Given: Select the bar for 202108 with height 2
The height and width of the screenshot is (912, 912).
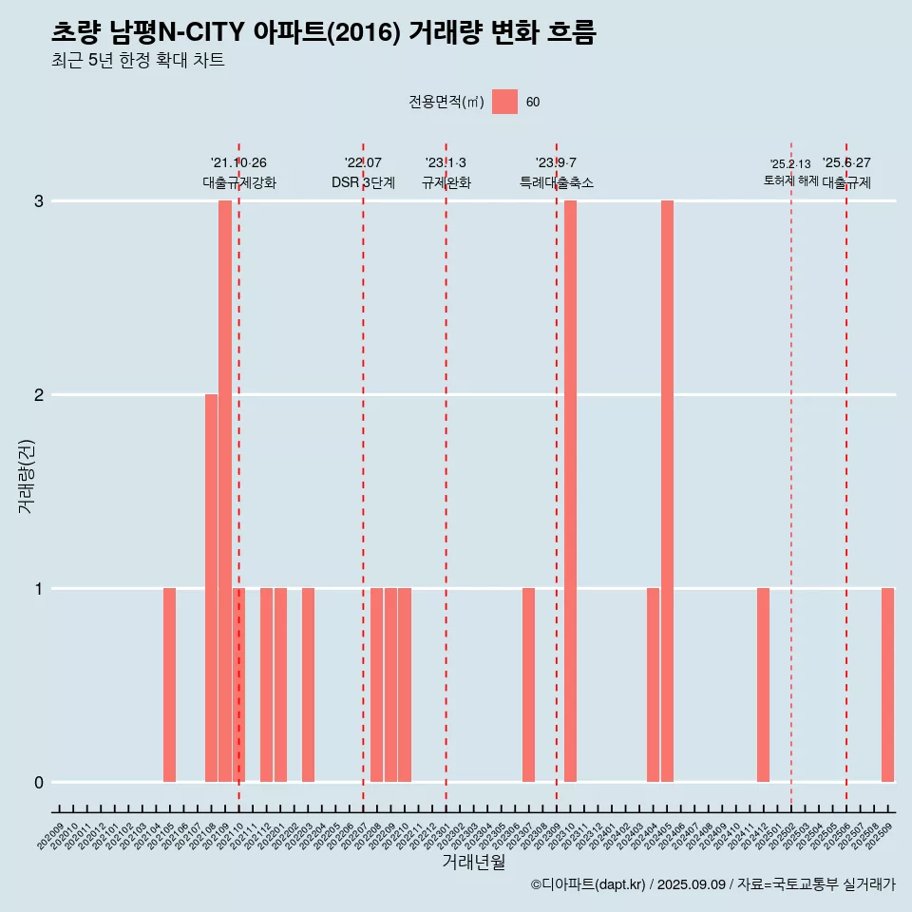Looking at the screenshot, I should tap(211, 588).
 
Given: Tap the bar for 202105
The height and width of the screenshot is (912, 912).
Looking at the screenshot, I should tap(170, 685).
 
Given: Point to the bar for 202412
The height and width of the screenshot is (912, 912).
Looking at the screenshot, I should tap(764, 685).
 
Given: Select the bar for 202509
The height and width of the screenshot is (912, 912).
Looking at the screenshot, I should tap(887, 685).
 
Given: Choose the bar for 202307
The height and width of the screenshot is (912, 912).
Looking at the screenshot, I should tap(528, 685).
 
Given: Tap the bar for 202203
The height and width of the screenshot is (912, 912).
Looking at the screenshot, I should tap(308, 685).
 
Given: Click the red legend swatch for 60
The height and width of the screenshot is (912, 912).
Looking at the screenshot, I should tap(504, 102).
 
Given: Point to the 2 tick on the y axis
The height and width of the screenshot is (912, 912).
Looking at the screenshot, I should tap(39, 394).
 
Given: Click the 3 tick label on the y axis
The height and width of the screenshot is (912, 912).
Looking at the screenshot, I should tap(39, 200).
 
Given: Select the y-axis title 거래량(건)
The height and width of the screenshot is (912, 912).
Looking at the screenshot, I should tap(26, 475).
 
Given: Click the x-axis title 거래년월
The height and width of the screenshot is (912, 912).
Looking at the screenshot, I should tap(473, 862).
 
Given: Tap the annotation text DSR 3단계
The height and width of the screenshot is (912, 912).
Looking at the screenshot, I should tap(363, 182).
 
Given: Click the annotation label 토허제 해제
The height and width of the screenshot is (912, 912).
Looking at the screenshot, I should tap(790, 180).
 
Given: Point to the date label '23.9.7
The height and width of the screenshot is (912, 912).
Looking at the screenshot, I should tap(556, 162).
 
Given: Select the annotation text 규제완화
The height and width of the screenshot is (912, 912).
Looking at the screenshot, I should tap(446, 182).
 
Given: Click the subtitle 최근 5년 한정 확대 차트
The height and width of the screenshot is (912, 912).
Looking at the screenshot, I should tap(138, 61).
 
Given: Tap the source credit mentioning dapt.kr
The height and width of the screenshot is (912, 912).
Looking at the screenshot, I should tap(712, 884).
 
